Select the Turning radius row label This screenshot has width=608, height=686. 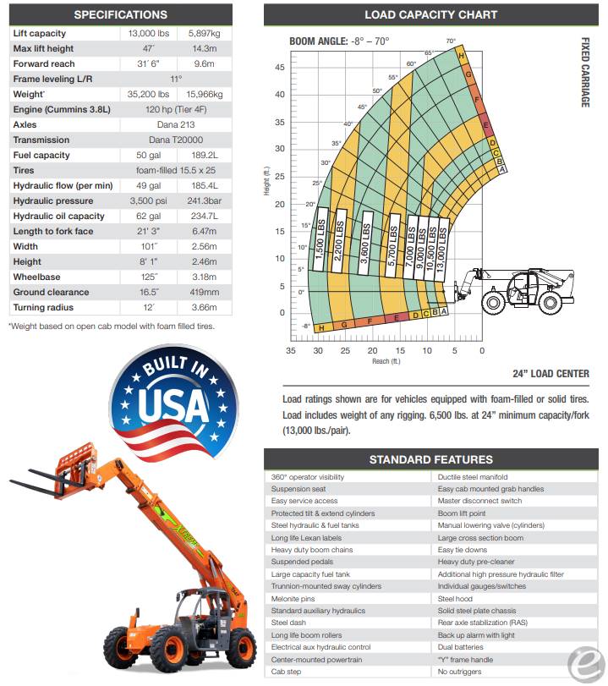pyautogui.click(x=43, y=308)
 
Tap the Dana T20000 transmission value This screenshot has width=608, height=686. pyautogui.click(x=176, y=140)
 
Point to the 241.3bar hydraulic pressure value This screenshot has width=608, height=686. pyautogui.click(x=205, y=200)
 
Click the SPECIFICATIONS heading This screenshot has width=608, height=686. pyautogui.click(x=121, y=14)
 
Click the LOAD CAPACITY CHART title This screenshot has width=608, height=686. pyautogui.click(x=430, y=14)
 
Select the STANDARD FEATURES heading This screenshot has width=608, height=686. pyautogui.click(x=430, y=459)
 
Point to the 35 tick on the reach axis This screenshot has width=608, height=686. pyautogui.click(x=291, y=350)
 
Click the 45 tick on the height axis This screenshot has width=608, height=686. pyautogui.click(x=280, y=68)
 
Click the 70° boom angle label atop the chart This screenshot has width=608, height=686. pyautogui.click(x=451, y=41)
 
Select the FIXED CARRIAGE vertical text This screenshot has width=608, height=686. pyautogui.click(x=585, y=72)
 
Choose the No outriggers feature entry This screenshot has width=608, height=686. pyautogui.click(x=459, y=671)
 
